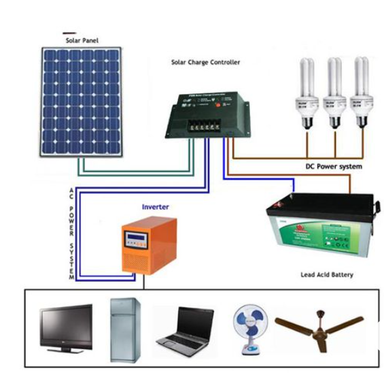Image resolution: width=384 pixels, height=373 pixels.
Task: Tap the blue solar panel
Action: [81, 101]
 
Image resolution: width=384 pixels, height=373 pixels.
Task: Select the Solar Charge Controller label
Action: [205, 62]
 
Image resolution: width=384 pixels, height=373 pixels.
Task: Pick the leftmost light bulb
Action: [307, 93]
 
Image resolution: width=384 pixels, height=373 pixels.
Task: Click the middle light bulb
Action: [334, 93]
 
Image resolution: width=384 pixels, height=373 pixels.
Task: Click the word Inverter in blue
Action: [155, 206]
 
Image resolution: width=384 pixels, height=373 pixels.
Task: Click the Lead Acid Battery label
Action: [327, 275]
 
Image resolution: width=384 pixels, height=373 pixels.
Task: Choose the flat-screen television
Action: [65, 327]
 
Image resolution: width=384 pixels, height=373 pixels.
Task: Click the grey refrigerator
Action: [125, 329]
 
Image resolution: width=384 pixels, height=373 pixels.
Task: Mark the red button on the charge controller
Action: [219, 104]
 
